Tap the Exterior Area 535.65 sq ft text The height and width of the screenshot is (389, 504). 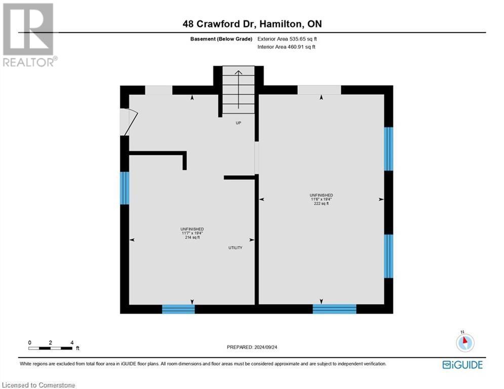[x=287, y=39]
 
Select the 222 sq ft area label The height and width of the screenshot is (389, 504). [x=321, y=204]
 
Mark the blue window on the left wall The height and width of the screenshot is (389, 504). [x=125, y=188]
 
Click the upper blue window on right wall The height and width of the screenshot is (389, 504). [x=388, y=149]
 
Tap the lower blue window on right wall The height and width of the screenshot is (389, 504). [x=388, y=256]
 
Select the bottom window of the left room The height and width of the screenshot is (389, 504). [x=178, y=309]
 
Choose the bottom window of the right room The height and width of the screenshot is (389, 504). [x=334, y=309]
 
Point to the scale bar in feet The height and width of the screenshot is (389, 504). [x=51, y=347]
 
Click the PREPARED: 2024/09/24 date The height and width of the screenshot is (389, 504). [x=252, y=347]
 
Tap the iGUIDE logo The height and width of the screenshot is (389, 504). [x=462, y=365]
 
